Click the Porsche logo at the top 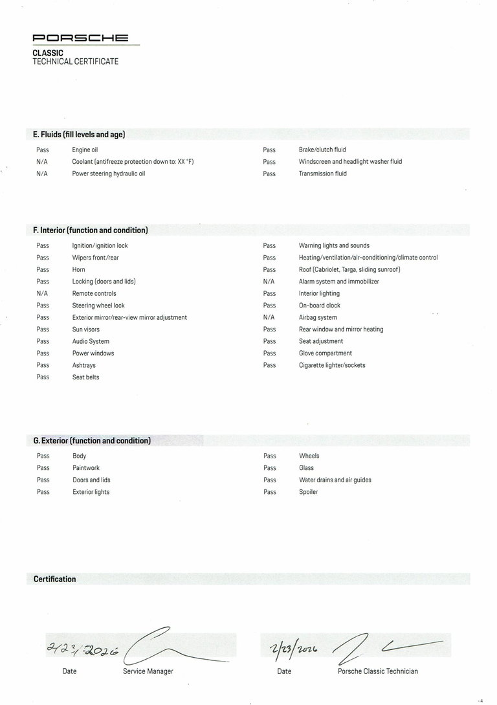(x=81, y=39)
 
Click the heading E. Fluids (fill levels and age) (x=79, y=135)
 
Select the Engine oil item (x=85, y=150)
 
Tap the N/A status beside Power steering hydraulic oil (x=42, y=173)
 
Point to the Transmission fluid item (x=322, y=173)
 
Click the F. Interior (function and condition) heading (x=91, y=230)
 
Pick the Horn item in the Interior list (x=78, y=269)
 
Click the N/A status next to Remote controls (x=42, y=293)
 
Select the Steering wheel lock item (x=98, y=306)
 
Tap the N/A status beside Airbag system (x=269, y=317)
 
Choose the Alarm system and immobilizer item (x=338, y=282)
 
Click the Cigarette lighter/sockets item (x=332, y=365)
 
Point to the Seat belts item (x=86, y=377)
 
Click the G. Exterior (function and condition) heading (x=92, y=441)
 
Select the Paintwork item (x=86, y=467)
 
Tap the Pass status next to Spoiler (x=269, y=492)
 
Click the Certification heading (x=54, y=579)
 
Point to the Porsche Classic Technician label (x=377, y=671)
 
